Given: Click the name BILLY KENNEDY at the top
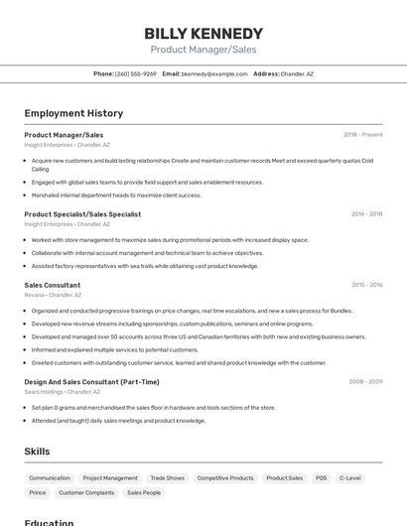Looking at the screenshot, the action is pos(203,33).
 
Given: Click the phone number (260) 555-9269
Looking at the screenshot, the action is pos(136,73).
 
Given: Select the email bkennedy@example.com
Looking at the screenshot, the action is pos(214,73).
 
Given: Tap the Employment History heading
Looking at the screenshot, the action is pos(73,113).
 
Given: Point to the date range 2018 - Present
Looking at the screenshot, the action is pos(362,134).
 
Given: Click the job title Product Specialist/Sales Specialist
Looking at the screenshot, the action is pos(82,213).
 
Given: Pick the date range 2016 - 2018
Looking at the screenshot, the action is pos(366,213).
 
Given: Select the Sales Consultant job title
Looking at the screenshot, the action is pos(53,285).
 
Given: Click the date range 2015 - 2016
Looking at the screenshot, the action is pos(366,285).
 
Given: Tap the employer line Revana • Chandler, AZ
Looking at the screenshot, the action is pos(53,295).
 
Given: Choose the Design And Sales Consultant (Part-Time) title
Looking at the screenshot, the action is pos(91,381).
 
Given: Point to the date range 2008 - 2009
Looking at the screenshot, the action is pos(365,381).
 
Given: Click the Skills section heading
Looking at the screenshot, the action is pos(37,452).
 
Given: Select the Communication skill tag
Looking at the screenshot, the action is pos(50,477).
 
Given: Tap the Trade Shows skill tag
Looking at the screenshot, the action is pos(168,477).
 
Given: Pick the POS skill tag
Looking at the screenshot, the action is pos(321,477).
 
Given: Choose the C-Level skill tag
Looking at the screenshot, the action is pos(350,477).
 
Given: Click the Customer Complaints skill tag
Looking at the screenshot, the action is pos(86,492).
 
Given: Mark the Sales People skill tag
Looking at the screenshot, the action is pos(144,492).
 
